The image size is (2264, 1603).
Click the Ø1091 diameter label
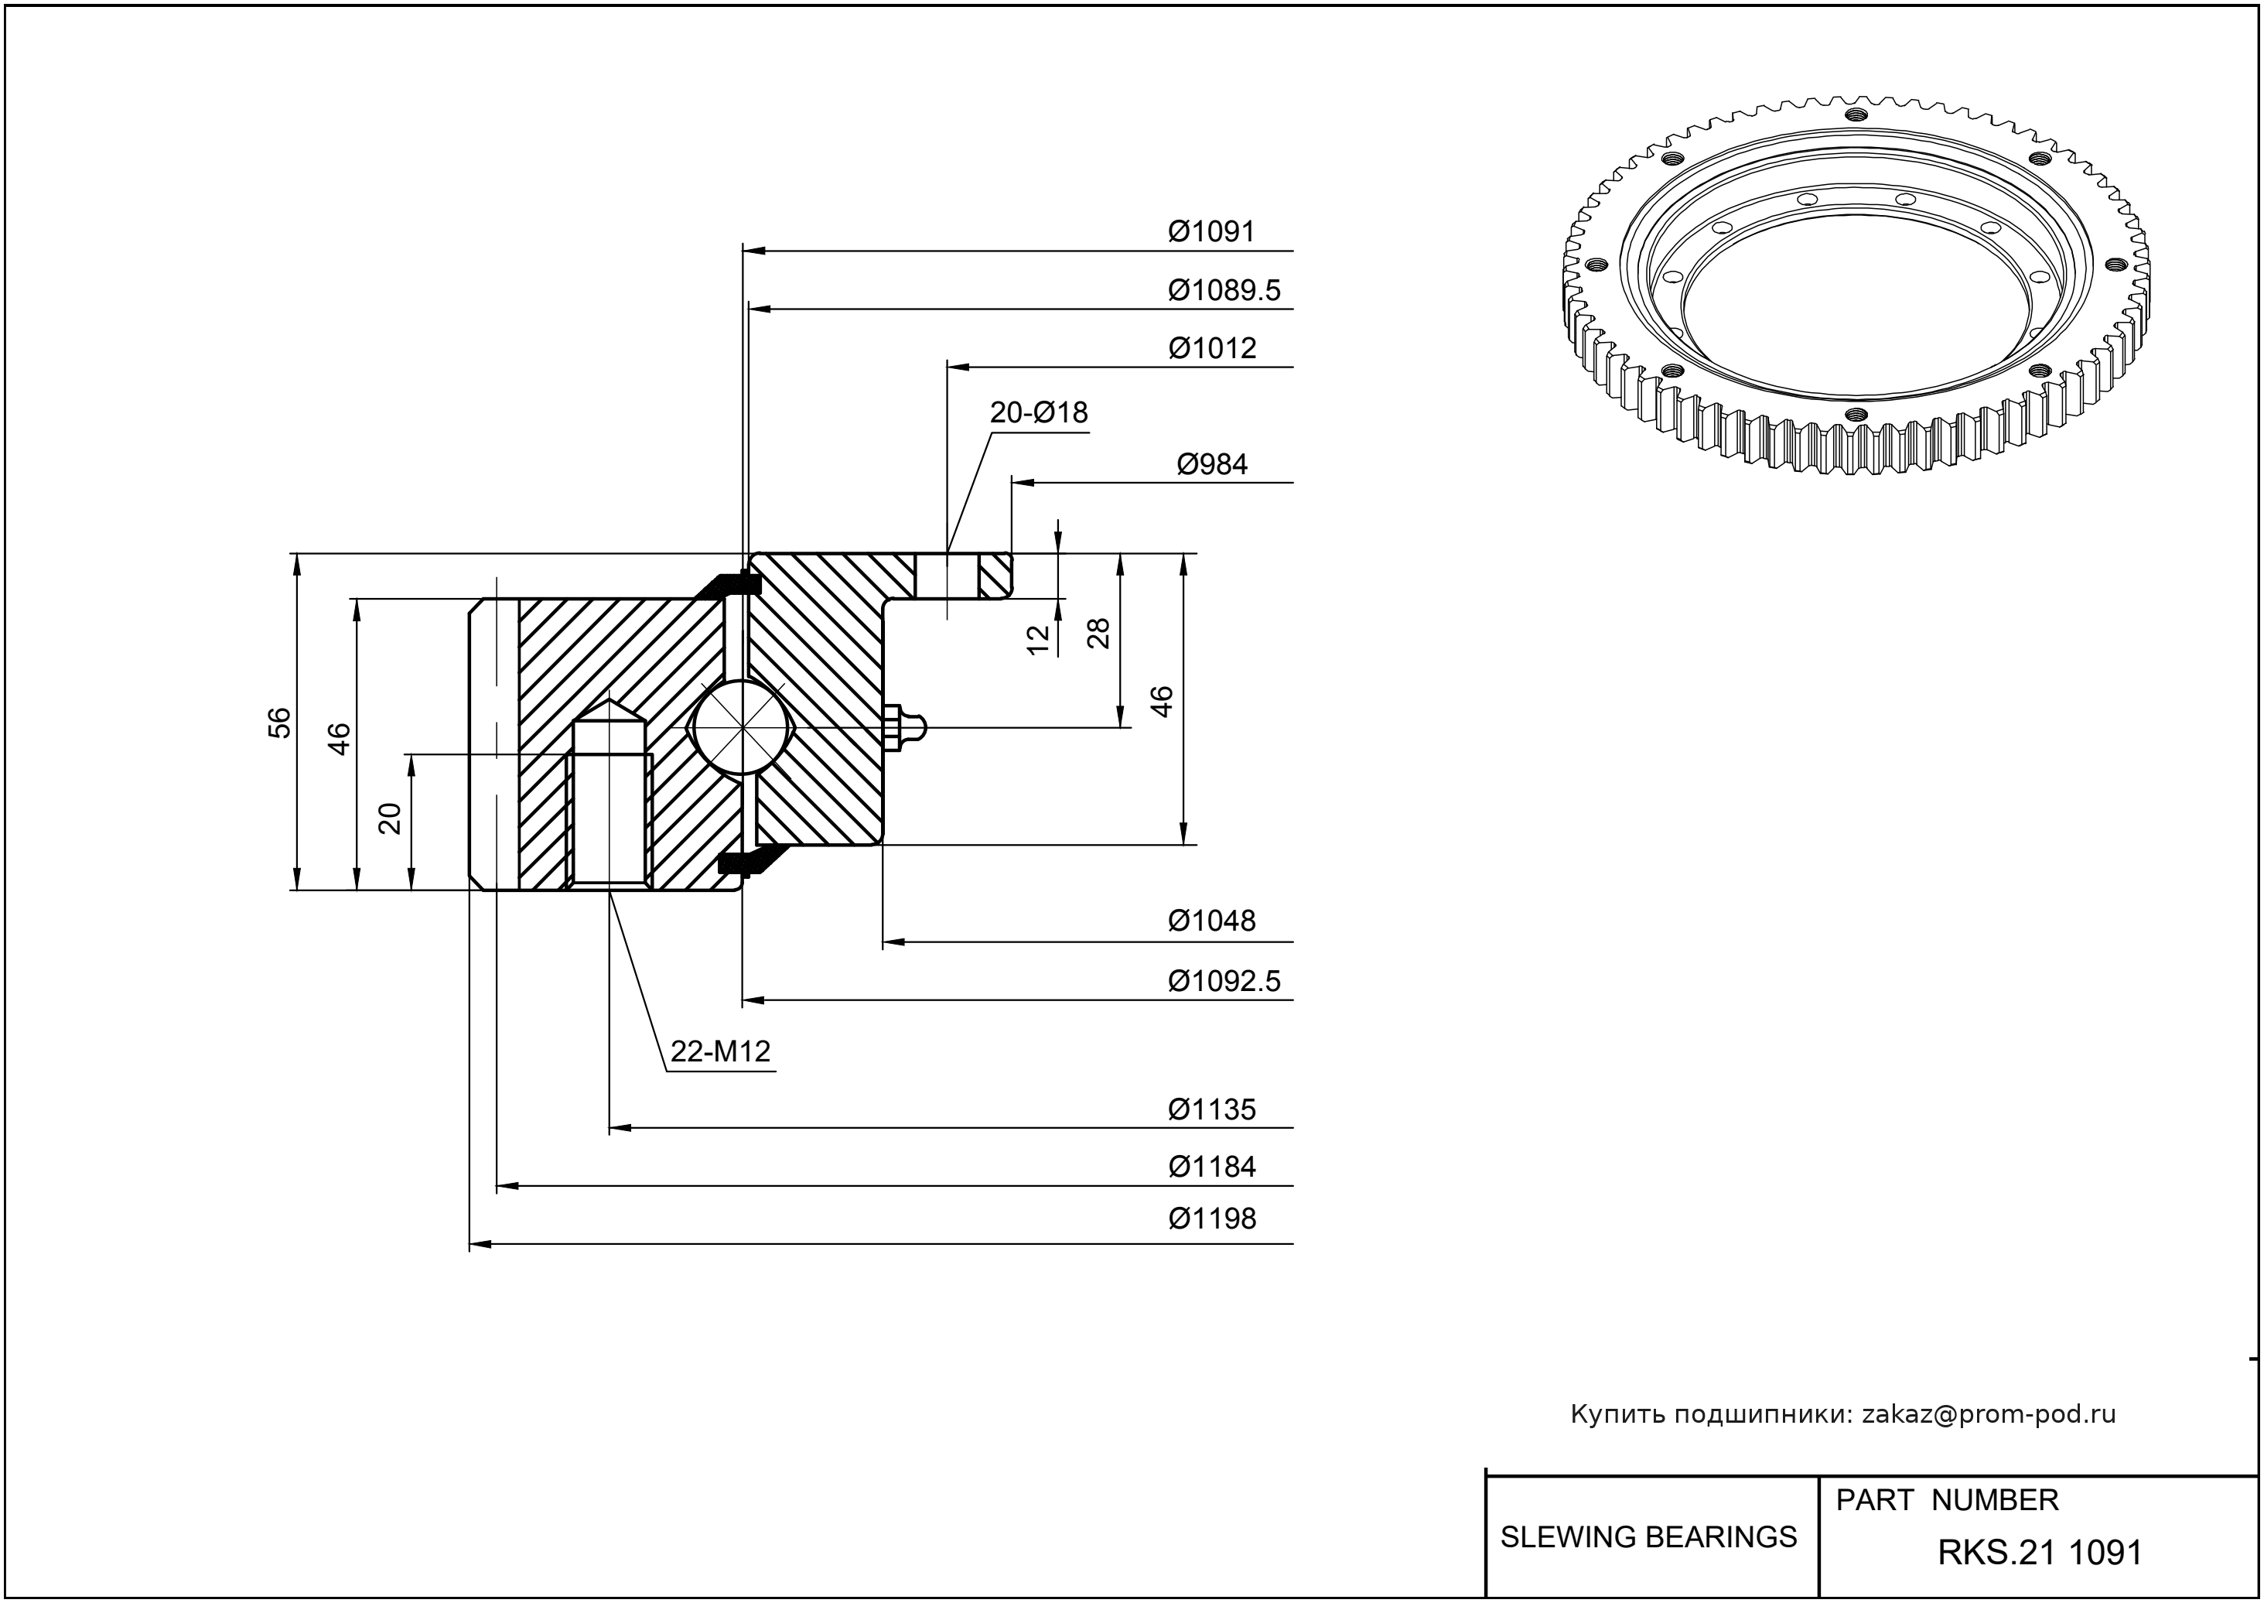coord(1211,232)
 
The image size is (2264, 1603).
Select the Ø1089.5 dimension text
coord(1224,290)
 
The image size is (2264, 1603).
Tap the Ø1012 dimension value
coord(1212,348)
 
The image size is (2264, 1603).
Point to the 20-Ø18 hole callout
coord(1038,412)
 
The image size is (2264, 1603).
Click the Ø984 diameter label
coord(1212,464)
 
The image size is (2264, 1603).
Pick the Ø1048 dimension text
coord(1212,921)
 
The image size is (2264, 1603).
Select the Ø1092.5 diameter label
coord(1224,981)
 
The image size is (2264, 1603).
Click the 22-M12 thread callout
coord(720,1052)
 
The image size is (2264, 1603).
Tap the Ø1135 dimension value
coord(1212,1109)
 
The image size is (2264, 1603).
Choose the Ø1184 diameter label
coord(1212,1167)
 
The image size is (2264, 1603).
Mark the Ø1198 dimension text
coord(1212,1219)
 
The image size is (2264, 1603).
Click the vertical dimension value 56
coord(280,723)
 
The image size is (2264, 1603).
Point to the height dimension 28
coord(1098,633)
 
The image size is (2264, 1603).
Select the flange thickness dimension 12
coord(1037,640)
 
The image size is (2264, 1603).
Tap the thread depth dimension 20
coord(391,819)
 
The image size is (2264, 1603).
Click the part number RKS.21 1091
coord(2040,1553)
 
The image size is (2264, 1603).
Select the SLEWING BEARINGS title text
coord(1648,1537)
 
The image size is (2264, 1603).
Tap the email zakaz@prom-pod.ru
coord(1989,1414)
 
